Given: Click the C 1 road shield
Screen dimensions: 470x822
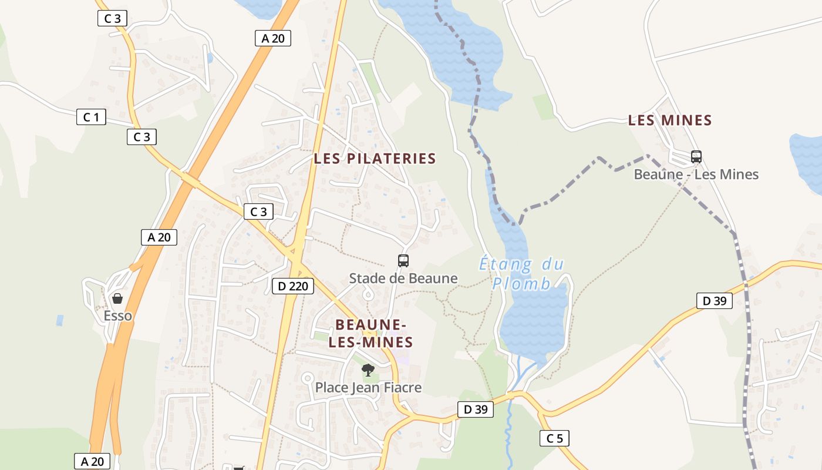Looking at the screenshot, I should coord(91,117).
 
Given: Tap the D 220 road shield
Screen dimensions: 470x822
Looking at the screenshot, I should coord(293,287).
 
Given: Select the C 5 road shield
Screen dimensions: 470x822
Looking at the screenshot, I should coord(554,438).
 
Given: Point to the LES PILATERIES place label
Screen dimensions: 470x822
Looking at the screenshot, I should coord(375,159).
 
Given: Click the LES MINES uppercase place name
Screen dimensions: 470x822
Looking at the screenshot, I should coord(670,120).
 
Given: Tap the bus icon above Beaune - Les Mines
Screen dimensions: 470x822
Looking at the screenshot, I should coord(696,157).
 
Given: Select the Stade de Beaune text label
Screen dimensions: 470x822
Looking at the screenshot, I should coord(403,278).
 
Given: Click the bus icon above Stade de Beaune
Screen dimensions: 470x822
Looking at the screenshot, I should coord(403,261).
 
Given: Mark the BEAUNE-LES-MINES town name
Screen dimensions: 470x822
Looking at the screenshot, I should coord(370,333).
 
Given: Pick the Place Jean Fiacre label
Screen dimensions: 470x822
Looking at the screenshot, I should coord(368,388).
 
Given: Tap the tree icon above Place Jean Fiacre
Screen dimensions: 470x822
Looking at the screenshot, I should coord(368,370).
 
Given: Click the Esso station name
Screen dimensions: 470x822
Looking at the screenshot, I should coord(118,316).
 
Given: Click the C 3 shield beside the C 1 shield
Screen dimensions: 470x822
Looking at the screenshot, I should coord(142,137).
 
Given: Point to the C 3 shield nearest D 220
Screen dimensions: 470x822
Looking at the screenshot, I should coord(258,212).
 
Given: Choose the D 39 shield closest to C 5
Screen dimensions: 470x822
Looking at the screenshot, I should coord(476,409).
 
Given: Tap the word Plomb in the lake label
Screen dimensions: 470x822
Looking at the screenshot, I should coord(521,284).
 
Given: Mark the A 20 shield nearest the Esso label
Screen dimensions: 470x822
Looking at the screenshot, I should coord(159,237).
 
